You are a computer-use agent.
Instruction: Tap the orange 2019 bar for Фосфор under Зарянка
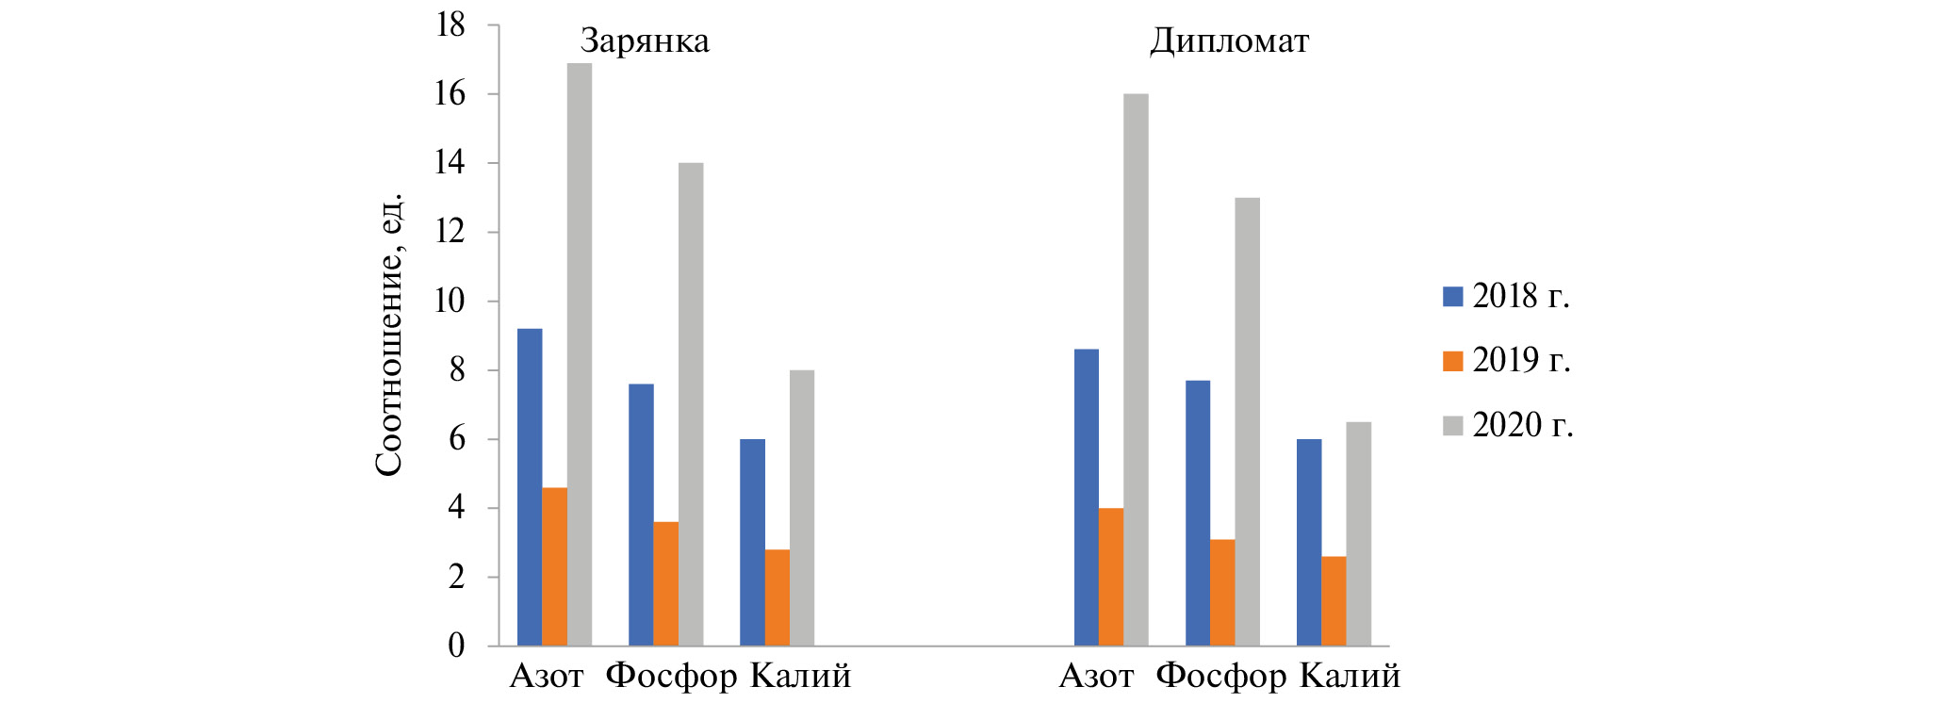click(665, 583)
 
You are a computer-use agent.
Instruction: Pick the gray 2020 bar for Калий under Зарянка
click(802, 508)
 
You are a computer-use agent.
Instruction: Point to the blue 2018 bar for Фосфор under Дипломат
click(1198, 513)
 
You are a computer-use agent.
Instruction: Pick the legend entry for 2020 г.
click(1508, 425)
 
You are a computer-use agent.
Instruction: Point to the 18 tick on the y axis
click(450, 25)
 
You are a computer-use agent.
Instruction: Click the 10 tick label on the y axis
click(450, 302)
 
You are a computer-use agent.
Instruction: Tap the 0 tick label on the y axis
click(457, 646)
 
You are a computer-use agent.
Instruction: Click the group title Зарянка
click(645, 41)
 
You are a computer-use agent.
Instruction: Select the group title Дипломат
click(1229, 41)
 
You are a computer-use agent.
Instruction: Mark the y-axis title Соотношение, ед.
click(389, 335)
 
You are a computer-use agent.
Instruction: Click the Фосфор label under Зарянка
click(671, 677)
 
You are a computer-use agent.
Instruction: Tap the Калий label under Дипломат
click(1350, 677)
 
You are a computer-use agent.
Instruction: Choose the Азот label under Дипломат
click(1096, 677)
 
